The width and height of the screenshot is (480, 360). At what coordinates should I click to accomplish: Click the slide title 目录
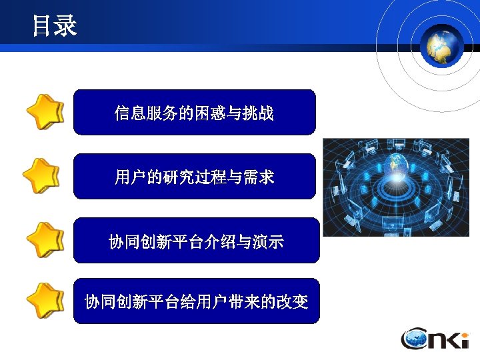click(55, 26)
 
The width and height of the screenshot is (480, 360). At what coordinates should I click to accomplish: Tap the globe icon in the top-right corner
click(441, 45)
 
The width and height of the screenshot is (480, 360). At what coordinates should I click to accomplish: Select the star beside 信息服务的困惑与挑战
click(45, 113)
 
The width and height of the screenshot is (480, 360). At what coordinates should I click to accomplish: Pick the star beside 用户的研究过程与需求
click(41, 176)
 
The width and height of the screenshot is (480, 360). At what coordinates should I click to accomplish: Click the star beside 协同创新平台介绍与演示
click(45, 240)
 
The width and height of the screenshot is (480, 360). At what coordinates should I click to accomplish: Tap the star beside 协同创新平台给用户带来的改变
click(45, 301)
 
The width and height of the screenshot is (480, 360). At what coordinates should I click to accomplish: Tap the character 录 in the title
click(66, 26)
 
